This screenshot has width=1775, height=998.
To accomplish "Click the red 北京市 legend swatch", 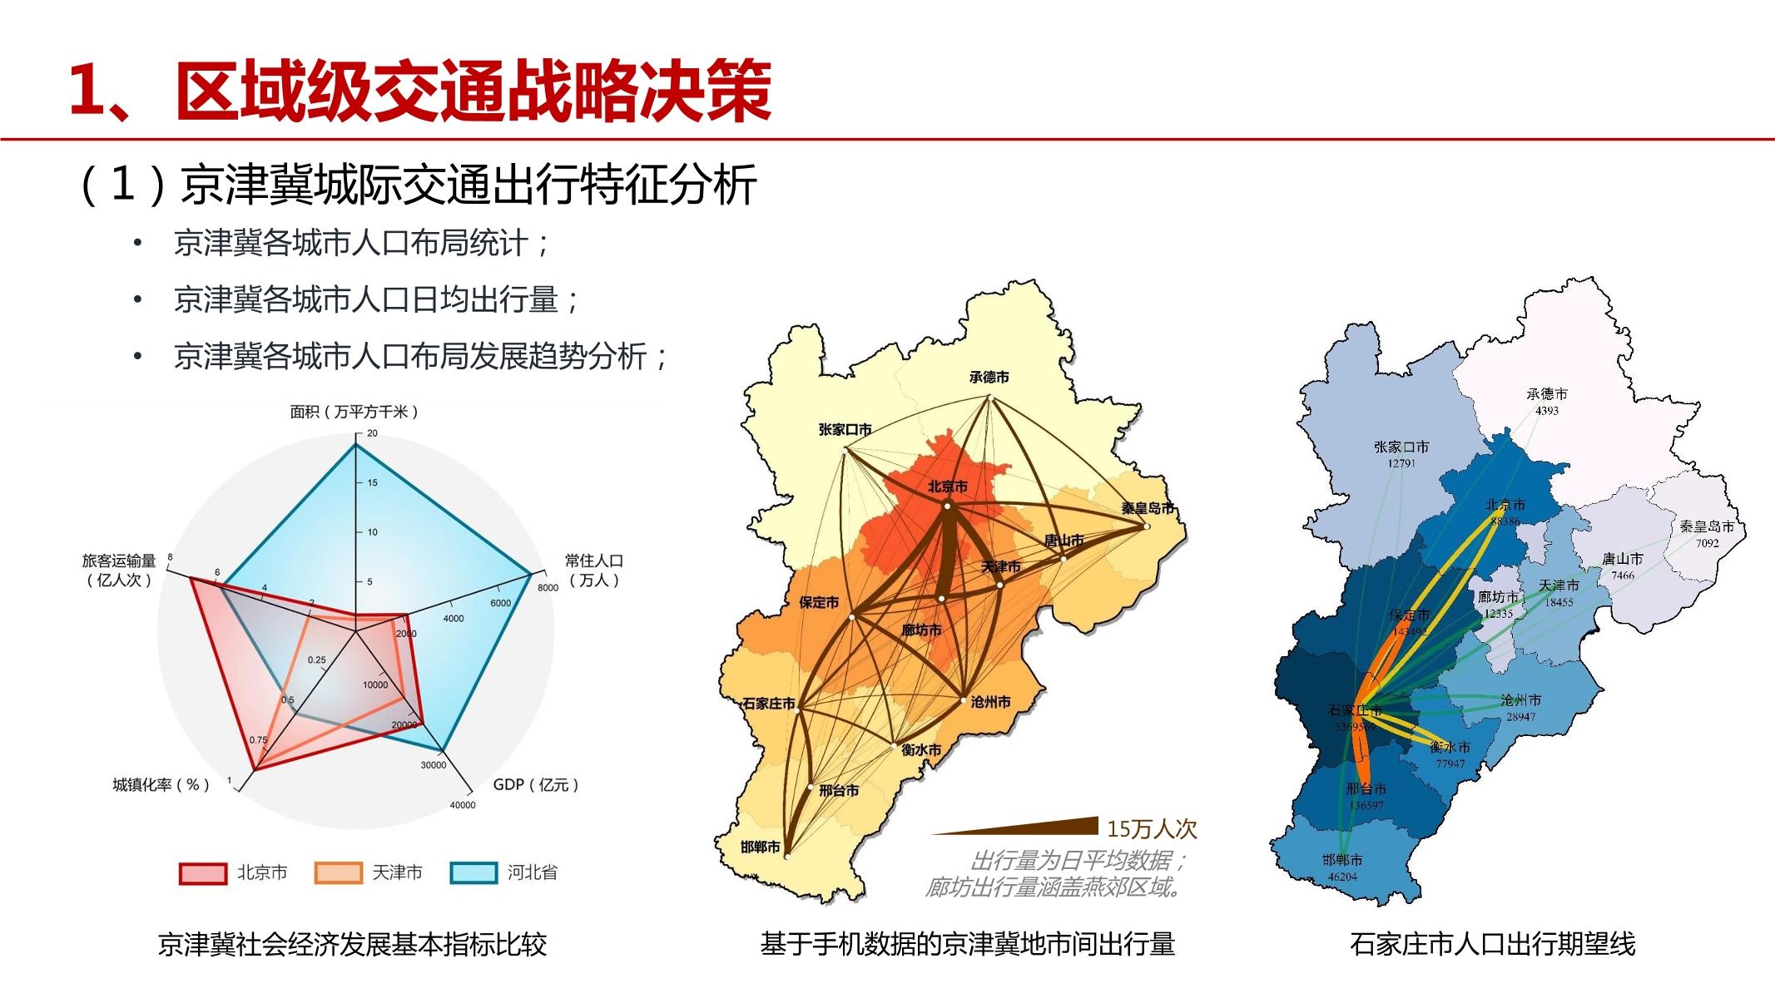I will tap(203, 873).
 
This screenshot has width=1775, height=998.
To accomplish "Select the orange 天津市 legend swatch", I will tap(339, 873).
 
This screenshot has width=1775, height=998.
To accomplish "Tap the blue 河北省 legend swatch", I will tap(473, 873).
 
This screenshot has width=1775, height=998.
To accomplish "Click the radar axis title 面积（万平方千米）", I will tap(355, 412).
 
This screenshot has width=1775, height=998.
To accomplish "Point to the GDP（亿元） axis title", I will tap(535, 784).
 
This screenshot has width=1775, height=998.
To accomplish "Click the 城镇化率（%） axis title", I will tap(161, 784).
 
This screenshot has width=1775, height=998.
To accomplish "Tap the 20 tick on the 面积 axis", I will tap(372, 433).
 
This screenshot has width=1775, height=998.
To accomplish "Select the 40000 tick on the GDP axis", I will tap(463, 805).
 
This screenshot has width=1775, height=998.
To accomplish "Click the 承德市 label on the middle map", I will tap(989, 378).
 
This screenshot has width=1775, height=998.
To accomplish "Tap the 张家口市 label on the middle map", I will tap(845, 430).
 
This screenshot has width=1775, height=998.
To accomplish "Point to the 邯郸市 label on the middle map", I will tap(761, 847).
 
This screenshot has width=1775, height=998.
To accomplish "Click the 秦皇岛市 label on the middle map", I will tap(1148, 508).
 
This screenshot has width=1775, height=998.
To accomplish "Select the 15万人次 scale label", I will tap(1152, 829).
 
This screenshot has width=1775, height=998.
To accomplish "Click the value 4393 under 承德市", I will tap(1547, 411).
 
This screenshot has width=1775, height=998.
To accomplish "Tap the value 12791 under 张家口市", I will tap(1401, 463).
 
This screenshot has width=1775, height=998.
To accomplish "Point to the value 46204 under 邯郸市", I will tap(1342, 877).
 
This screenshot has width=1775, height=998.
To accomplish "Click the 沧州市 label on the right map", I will tap(1520, 700).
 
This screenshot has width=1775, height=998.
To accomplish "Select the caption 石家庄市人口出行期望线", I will tap(1493, 945).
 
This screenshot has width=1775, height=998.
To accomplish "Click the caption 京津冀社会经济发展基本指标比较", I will tap(352, 945).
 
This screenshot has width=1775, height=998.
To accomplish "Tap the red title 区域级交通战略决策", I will tap(473, 91).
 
